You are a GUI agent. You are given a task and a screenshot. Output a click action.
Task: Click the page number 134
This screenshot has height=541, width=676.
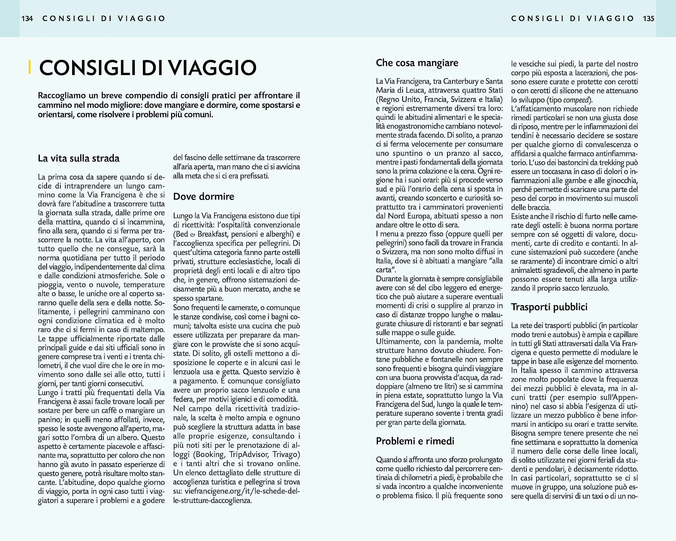[27, 18]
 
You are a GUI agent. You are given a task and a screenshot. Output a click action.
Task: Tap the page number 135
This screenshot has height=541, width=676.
[649, 18]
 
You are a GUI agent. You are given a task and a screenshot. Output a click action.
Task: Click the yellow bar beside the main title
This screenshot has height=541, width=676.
[30, 67]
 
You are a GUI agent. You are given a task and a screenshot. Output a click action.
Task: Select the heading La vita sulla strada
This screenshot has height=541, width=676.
[79, 158]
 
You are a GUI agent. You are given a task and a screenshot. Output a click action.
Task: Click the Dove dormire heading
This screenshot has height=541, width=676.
[204, 197]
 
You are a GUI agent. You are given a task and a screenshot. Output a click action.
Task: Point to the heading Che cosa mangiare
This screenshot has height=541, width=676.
[417, 63]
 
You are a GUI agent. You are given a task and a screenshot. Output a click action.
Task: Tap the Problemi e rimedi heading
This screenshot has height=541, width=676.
[415, 441]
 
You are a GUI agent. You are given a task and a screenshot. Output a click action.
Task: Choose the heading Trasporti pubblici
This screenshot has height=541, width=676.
[549, 307]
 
